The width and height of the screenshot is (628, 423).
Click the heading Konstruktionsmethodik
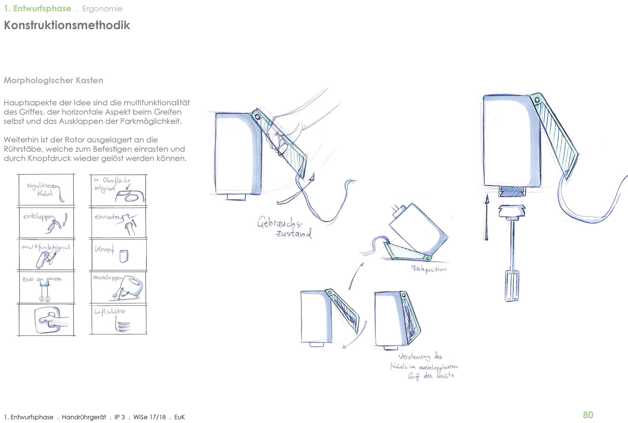click(67, 25)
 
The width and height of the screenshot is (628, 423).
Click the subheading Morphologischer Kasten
click(53, 80)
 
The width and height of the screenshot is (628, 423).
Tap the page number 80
click(588, 415)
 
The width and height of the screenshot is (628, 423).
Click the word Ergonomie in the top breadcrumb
click(102, 9)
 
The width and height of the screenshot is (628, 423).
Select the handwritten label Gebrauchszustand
click(284, 227)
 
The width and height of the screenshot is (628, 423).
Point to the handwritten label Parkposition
click(428, 269)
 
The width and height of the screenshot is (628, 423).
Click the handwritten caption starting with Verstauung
click(424, 366)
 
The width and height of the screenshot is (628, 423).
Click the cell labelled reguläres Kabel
click(46, 190)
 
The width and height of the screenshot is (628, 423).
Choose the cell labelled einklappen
click(46, 222)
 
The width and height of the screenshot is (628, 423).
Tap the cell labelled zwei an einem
click(46, 287)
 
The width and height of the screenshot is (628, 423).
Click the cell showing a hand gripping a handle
click(46, 320)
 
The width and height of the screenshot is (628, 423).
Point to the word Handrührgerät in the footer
click(84, 417)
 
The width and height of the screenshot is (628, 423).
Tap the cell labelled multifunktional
click(46, 254)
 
